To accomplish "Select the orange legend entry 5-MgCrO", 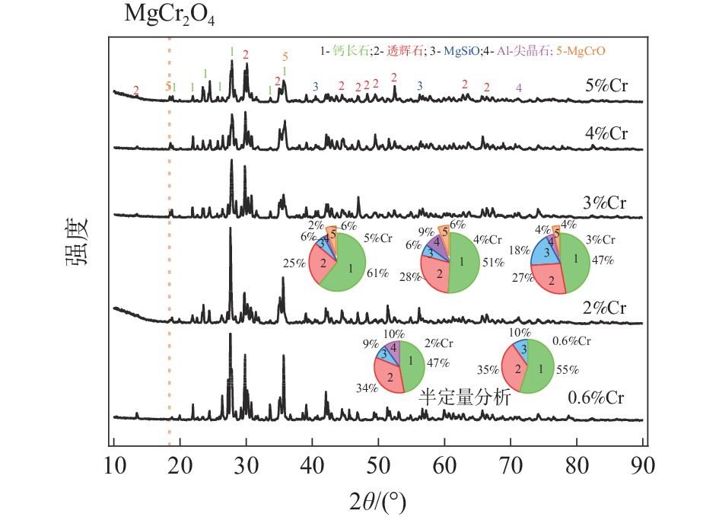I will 585,51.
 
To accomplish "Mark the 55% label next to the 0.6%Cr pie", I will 568,369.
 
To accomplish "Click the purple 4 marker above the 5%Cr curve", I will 519,88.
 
